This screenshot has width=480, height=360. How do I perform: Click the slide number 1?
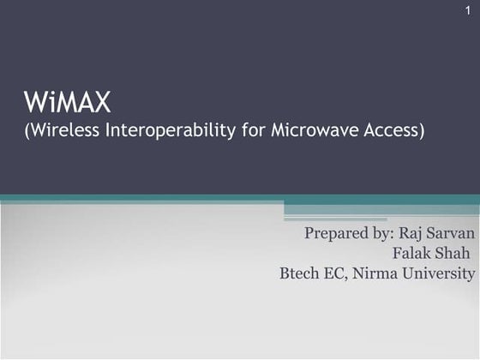tap(468, 9)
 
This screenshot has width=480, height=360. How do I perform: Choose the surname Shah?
tap(455, 254)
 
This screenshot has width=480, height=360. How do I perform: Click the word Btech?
tap(301, 274)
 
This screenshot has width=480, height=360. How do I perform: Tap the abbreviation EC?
tap(339, 274)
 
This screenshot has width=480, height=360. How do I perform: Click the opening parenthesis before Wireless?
tap(26, 133)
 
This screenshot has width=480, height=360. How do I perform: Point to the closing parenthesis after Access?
tap(422, 133)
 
